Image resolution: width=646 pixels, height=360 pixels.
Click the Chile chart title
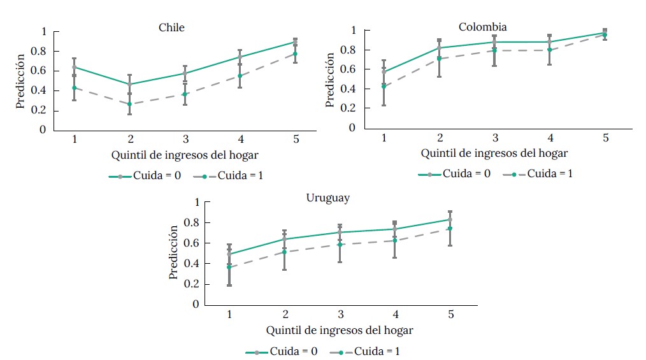172,27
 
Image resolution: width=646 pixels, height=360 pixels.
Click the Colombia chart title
483,26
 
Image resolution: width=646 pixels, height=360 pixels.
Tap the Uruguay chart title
327,198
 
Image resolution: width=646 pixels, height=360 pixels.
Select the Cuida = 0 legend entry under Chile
140,176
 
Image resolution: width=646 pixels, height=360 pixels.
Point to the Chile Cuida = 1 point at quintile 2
130,104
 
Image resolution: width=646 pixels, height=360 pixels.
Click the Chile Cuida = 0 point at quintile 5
295,41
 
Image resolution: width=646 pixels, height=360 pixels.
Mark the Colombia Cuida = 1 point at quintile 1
384,86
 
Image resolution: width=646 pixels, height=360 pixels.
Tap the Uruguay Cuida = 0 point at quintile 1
229,254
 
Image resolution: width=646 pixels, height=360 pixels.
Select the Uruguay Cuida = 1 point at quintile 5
450,229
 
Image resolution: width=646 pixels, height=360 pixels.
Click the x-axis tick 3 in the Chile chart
185,139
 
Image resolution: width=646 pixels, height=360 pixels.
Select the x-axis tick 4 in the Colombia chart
549,138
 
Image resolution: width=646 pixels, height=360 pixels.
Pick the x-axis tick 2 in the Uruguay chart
285,314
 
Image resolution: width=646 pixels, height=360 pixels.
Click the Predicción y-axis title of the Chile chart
21,80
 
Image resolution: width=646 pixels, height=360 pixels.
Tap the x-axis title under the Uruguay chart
340,330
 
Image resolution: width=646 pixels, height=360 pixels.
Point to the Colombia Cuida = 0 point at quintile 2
440,48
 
